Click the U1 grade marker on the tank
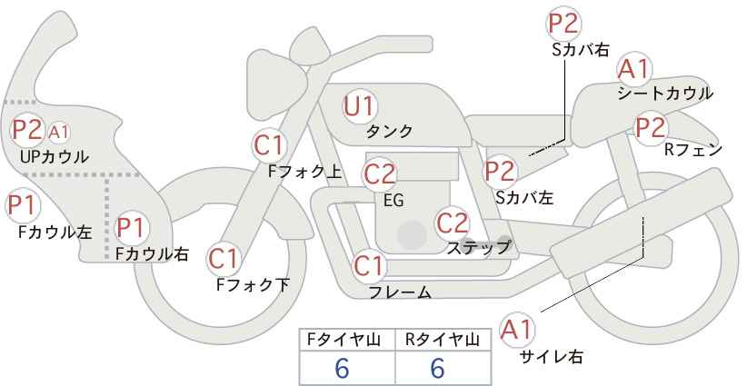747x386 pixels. pyautogui.click(x=360, y=106)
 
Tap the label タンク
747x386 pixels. pyautogui.click(x=389, y=131)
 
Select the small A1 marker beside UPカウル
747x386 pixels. pyautogui.click(x=59, y=132)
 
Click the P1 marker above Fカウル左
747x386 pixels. pyautogui.click(x=23, y=206)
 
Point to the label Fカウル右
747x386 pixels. pyautogui.click(x=153, y=253)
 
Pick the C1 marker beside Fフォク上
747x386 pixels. pyautogui.click(x=270, y=145)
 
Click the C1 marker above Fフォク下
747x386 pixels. pyautogui.click(x=223, y=259)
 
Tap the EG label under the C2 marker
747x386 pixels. pyautogui.click(x=393, y=201)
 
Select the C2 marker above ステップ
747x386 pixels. pyautogui.click(x=453, y=223)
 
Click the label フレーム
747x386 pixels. pyautogui.click(x=401, y=292)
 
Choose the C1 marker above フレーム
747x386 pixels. pyautogui.click(x=369, y=265)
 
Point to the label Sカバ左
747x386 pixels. pyautogui.click(x=524, y=197)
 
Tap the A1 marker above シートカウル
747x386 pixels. pyautogui.click(x=634, y=70)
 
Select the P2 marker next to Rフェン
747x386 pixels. pyautogui.click(x=652, y=128)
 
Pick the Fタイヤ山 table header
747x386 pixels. pyautogui.click(x=344, y=340)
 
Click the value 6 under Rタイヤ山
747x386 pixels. pyautogui.click(x=437, y=368)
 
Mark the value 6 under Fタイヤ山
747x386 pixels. pyautogui.click(x=342, y=368)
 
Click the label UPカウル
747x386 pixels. pyautogui.click(x=55, y=156)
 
